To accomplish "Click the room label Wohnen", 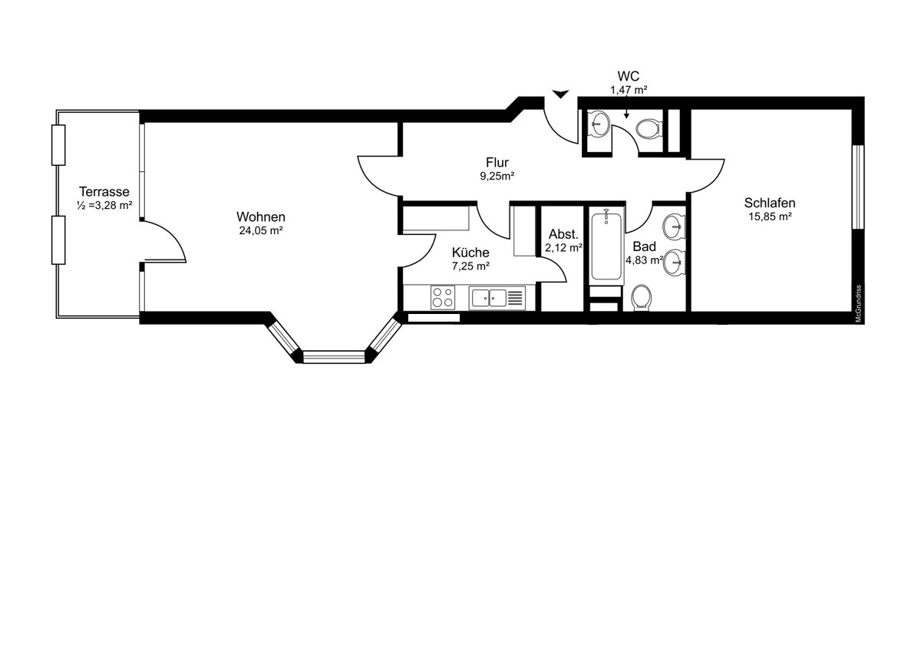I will click(261, 216).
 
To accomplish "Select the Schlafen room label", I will click(769, 203).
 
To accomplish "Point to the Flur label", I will click(497, 162).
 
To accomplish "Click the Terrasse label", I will click(104, 191).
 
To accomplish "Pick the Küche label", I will click(470, 253).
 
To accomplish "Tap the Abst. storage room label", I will click(563, 234).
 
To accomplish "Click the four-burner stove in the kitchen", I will click(442, 297).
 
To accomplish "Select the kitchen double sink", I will click(489, 297).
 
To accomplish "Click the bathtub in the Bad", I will click(606, 246).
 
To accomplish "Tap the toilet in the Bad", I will click(642, 297).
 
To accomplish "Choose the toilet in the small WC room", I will click(649, 128).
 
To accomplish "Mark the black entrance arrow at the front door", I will click(561, 94).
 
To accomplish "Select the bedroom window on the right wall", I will click(859, 185).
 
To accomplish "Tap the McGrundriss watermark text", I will click(859, 305).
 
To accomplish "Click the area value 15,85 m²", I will click(769, 216).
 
